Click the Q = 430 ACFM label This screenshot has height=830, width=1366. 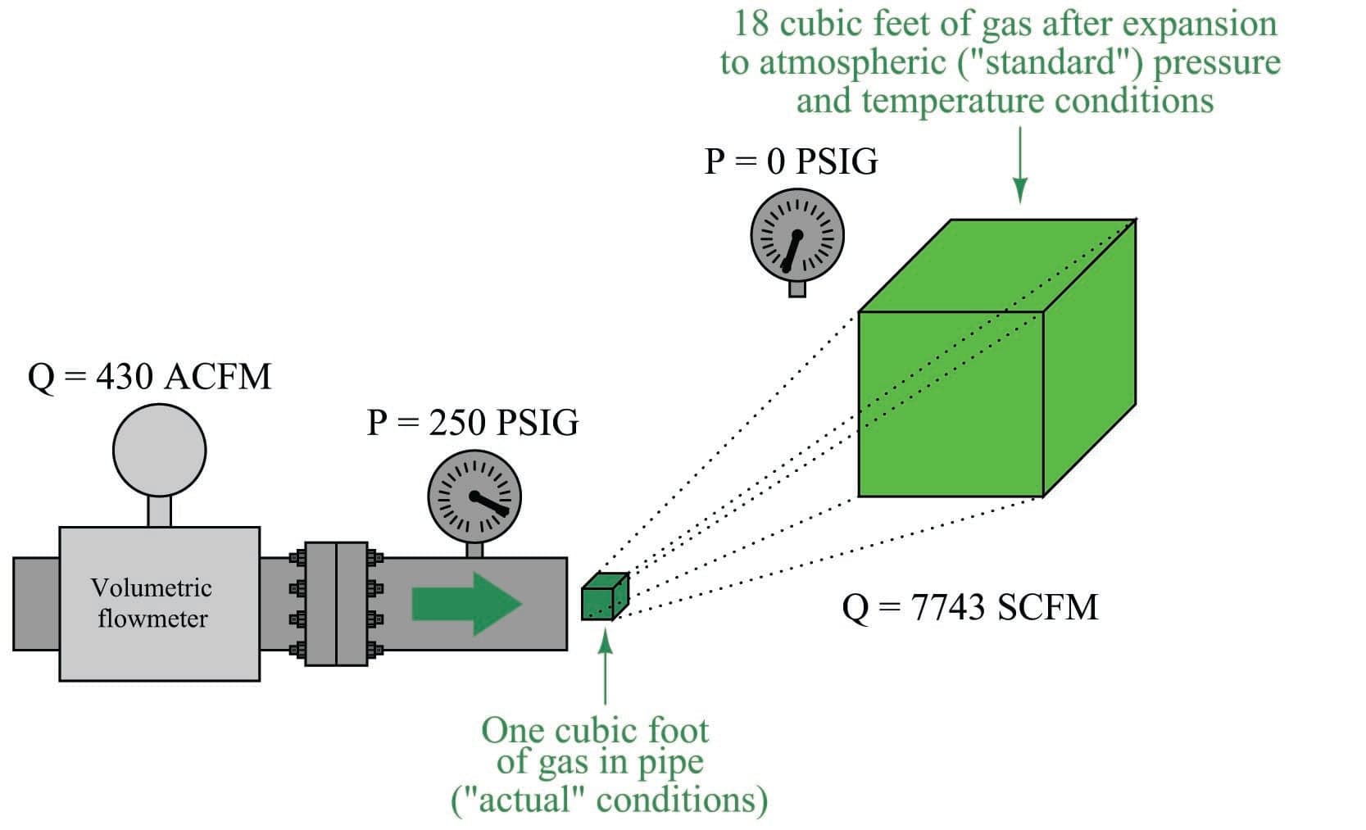[x=149, y=377]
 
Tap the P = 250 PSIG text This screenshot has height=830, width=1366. [x=472, y=423]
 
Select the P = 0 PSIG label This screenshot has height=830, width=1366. [x=791, y=161]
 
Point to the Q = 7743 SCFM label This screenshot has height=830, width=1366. [x=969, y=608]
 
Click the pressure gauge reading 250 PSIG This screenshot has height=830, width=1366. [x=474, y=497]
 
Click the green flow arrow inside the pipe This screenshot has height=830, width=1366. [x=466, y=604]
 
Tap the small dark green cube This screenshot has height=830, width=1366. [x=604, y=597]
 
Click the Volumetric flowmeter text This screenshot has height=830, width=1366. [x=152, y=603]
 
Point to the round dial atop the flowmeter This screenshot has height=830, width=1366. [x=159, y=450]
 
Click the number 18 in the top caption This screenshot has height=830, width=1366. [x=751, y=23]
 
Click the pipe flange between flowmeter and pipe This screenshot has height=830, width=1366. [x=336, y=603]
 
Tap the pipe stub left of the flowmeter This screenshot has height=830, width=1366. [x=36, y=604]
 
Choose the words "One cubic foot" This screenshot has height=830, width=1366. [x=595, y=730]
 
